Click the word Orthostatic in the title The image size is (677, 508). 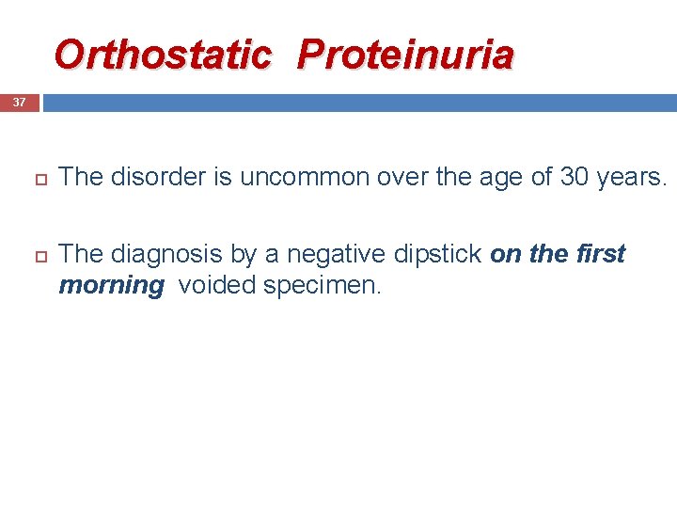point(162,55)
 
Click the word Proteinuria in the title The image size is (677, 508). point(405,55)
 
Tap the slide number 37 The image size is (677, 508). point(19,102)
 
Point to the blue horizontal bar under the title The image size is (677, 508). point(357,102)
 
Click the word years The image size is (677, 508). point(631,177)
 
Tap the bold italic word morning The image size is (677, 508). point(111,285)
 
